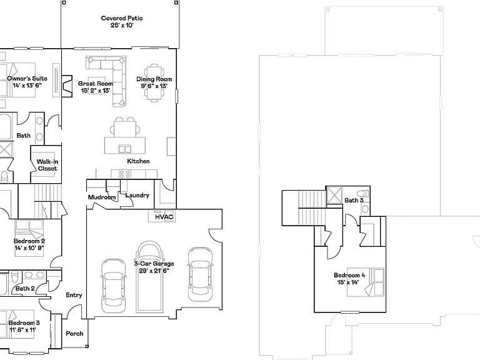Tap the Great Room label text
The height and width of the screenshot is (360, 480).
pos(96,84)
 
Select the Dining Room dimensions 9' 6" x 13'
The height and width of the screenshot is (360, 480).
pos(154,86)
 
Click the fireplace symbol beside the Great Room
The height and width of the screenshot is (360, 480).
pos(67,86)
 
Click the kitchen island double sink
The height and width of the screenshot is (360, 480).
pos(124,149)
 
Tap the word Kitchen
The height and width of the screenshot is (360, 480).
pos(138,161)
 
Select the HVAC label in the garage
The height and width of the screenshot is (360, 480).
pos(164,217)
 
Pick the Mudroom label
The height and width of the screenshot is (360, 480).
pos(102,197)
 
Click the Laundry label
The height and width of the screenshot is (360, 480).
pos(137,195)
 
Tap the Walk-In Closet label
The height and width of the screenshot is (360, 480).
pos(47,165)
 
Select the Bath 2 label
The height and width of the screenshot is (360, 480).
pos(25,288)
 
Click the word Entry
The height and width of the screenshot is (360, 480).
pos(74,295)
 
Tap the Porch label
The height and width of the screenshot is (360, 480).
pos(74,334)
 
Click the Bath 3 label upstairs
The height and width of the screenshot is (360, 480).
pos(354,201)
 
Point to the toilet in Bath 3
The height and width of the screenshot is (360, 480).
pos(364,194)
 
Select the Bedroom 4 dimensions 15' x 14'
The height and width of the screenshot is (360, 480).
pos(348,282)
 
